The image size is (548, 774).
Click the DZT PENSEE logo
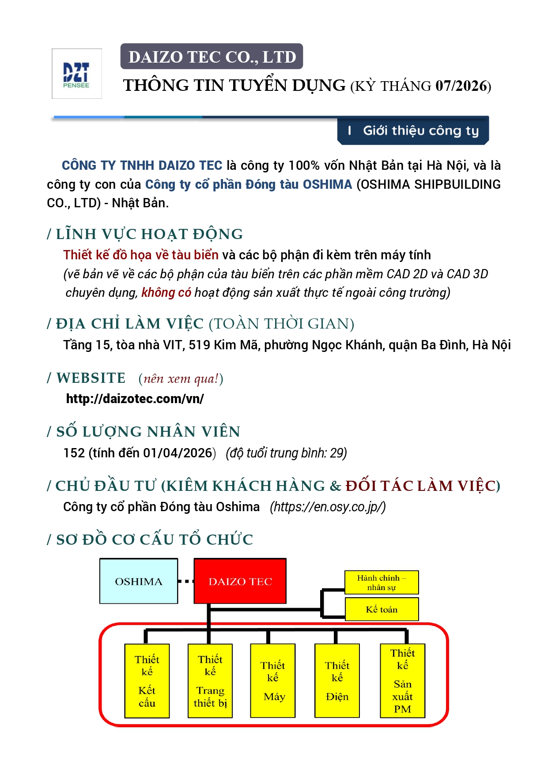76,74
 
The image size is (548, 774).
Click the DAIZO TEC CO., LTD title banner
212,56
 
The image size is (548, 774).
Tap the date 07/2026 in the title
461,86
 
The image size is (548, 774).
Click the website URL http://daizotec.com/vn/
135,399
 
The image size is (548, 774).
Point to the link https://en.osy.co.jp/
328,507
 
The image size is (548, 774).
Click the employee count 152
74,453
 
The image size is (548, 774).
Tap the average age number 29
337,453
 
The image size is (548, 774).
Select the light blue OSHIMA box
139,581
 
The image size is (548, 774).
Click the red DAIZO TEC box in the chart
240,581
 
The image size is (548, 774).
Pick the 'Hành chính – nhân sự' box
382,582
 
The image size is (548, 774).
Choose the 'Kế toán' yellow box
382,609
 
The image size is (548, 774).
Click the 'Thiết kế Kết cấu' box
147,681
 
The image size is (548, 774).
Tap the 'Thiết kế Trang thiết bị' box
210,681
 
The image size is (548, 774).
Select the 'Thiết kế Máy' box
273,681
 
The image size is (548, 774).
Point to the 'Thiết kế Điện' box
337,681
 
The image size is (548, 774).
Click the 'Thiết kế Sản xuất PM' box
402,681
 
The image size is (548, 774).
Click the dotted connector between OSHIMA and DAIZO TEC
186,581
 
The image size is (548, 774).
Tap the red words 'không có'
166,292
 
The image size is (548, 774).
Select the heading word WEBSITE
91,378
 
